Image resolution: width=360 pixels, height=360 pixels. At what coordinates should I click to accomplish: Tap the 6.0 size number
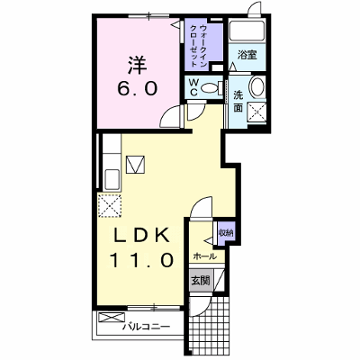click(x=138, y=89)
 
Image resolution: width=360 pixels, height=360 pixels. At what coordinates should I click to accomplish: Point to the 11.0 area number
click(x=141, y=260)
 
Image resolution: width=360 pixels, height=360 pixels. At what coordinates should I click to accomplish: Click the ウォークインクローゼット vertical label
click(x=198, y=46)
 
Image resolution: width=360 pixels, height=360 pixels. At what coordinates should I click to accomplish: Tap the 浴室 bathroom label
click(x=247, y=55)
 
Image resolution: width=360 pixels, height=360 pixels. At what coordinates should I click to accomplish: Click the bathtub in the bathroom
click(x=247, y=30)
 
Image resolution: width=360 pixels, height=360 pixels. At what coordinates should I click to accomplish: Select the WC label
click(x=193, y=87)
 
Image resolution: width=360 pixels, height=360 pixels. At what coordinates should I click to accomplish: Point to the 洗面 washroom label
click(x=238, y=102)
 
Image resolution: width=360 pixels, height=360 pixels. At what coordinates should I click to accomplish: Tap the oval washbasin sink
click(x=257, y=86)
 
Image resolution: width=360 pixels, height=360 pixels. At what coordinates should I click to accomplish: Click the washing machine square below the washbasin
click(x=256, y=112)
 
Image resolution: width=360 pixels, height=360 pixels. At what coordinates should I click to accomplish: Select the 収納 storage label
click(x=226, y=232)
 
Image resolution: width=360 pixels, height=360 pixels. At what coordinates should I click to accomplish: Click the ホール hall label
click(x=205, y=256)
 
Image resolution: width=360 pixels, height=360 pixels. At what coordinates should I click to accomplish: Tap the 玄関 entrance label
click(x=201, y=281)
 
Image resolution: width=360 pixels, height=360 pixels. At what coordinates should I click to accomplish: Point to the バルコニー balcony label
click(x=147, y=327)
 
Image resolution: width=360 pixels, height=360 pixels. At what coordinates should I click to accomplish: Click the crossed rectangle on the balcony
click(x=112, y=318)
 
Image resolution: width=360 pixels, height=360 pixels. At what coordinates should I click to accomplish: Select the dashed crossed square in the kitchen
click(x=110, y=205)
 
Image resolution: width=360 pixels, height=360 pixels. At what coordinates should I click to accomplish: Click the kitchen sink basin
click(x=112, y=179)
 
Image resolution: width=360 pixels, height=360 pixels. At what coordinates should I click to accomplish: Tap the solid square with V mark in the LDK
click(x=135, y=165)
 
